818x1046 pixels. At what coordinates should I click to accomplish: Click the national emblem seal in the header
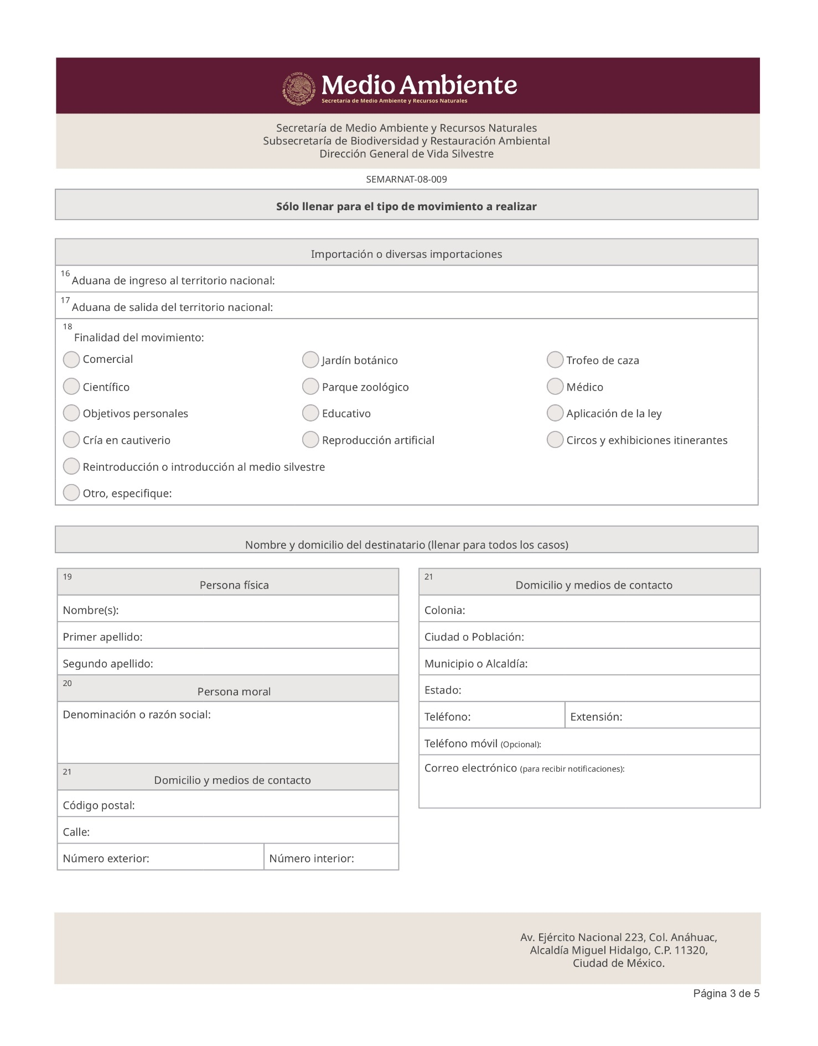[x=299, y=89]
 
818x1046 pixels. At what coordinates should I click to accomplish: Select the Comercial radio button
[x=71, y=360]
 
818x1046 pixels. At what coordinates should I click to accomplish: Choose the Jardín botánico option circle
[x=310, y=360]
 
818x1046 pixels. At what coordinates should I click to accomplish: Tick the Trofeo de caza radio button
[x=555, y=360]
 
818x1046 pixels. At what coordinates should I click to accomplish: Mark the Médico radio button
[x=555, y=387]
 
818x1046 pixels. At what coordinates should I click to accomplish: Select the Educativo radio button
[x=310, y=413]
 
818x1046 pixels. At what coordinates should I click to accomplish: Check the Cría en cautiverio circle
[x=71, y=440]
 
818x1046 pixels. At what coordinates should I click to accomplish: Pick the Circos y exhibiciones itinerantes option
[x=555, y=440]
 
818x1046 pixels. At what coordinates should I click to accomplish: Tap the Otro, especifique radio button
[x=71, y=493]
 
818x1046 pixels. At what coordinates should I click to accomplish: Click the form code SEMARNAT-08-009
[x=406, y=179]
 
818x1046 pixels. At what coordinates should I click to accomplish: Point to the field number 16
[x=65, y=273]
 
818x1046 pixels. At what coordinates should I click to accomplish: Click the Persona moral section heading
[x=234, y=691]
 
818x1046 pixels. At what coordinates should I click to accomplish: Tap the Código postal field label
[x=99, y=805]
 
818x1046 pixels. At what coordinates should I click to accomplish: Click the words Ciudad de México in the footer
[x=618, y=964]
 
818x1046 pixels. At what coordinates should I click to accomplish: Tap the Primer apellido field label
[x=102, y=637]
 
